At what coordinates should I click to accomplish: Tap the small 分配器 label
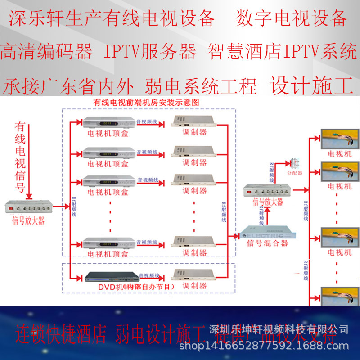tap(295, 172)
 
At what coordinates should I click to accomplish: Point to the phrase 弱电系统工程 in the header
tap(201, 85)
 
